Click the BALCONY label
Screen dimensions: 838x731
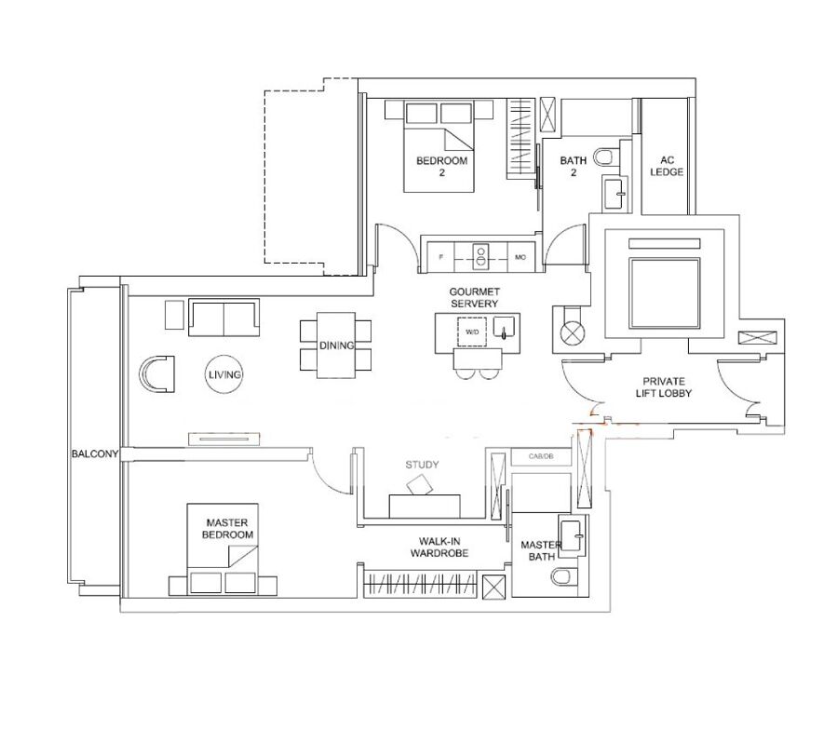(95, 454)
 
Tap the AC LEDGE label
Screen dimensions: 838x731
(667, 166)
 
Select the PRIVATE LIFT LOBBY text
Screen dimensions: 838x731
(664, 387)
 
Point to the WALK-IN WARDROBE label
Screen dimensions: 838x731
(439, 548)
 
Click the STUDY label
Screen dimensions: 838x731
(422, 465)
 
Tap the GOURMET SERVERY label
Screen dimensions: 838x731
(474, 298)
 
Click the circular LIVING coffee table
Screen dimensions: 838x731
(224, 374)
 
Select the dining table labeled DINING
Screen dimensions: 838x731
(336, 345)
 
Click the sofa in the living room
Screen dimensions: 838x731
(223, 318)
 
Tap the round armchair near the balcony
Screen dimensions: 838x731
(156, 374)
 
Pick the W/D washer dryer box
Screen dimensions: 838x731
(472, 332)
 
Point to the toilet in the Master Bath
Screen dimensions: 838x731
(562, 577)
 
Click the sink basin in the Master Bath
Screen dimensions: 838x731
(572, 536)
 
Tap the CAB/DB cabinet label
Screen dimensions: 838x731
(541, 456)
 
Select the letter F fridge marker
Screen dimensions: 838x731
(441, 257)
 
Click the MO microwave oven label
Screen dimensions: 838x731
(520, 257)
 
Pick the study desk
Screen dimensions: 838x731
(425, 506)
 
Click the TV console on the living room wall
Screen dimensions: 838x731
(223, 440)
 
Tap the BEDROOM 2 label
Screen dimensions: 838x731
(442, 166)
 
